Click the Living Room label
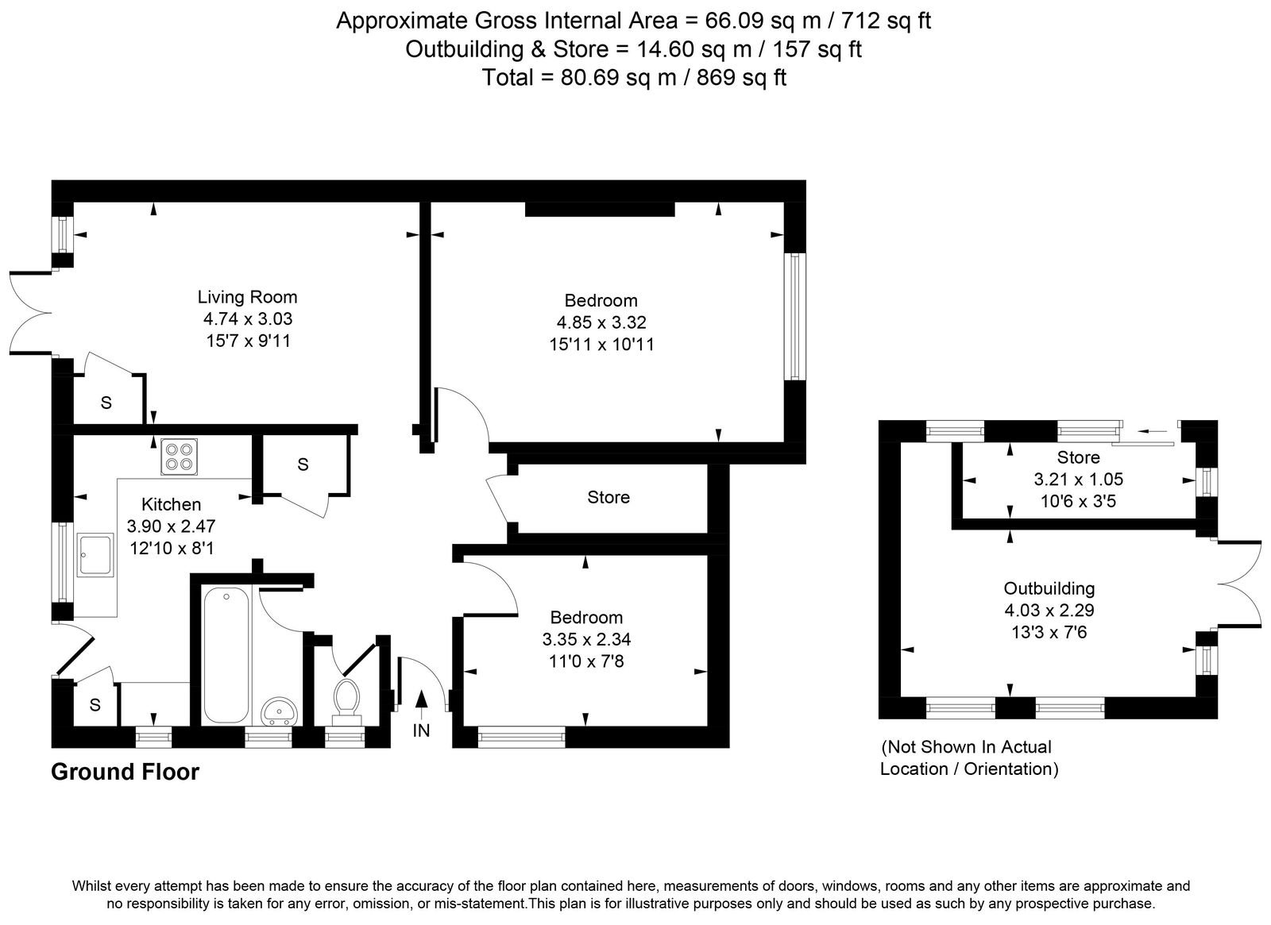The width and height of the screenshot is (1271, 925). (x=247, y=297)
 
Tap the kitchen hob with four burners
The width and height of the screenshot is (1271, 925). (x=180, y=457)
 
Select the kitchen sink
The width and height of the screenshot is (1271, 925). (x=96, y=555)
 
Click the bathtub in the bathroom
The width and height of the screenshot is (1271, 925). (x=226, y=656)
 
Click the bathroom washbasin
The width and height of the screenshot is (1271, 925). (x=278, y=711)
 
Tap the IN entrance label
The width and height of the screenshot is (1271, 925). (x=421, y=731)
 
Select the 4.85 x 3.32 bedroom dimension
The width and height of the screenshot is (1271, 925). (x=601, y=322)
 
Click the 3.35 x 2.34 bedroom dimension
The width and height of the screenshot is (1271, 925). (x=586, y=639)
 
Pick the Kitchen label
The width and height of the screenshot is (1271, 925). (x=171, y=504)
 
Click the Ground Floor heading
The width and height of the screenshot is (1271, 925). (x=126, y=772)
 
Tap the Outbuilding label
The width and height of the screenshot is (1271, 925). (x=1049, y=588)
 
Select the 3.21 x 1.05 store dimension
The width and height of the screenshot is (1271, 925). (x=1078, y=480)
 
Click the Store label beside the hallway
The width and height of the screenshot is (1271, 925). (x=608, y=497)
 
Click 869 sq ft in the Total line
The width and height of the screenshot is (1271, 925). (x=741, y=77)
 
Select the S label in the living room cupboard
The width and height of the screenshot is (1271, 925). (x=106, y=403)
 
